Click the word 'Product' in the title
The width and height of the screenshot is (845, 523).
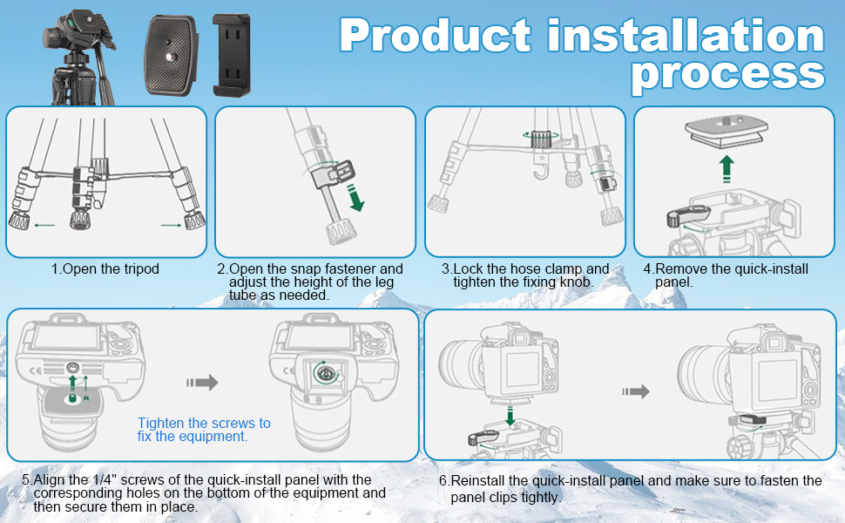pyautogui.click(x=436, y=37)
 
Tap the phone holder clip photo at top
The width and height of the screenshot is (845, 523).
pyautogui.click(x=231, y=55)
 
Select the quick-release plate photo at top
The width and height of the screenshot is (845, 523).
pyautogui.click(x=170, y=55)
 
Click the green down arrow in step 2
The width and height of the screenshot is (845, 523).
pyautogui.click(x=355, y=198)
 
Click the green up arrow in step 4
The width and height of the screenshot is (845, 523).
pyautogui.click(x=727, y=169)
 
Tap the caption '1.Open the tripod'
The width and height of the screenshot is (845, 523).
pyautogui.click(x=105, y=269)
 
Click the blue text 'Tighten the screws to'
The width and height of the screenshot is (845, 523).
pyautogui.click(x=204, y=424)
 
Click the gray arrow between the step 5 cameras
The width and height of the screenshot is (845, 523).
pyautogui.click(x=202, y=383)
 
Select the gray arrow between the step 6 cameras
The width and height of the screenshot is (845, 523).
pyautogui.click(x=635, y=391)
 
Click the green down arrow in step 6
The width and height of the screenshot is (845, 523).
pyautogui.click(x=510, y=417)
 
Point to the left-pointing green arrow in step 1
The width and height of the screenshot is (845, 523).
pyautogui.click(x=44, y=226)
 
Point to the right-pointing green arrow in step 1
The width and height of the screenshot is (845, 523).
pyautogui.click(x=171, y=226)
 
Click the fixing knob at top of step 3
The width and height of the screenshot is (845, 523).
pyautogui.click(x=540, y=139)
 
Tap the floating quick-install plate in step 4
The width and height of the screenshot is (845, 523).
pyautogui.click(x=727, y=132)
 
